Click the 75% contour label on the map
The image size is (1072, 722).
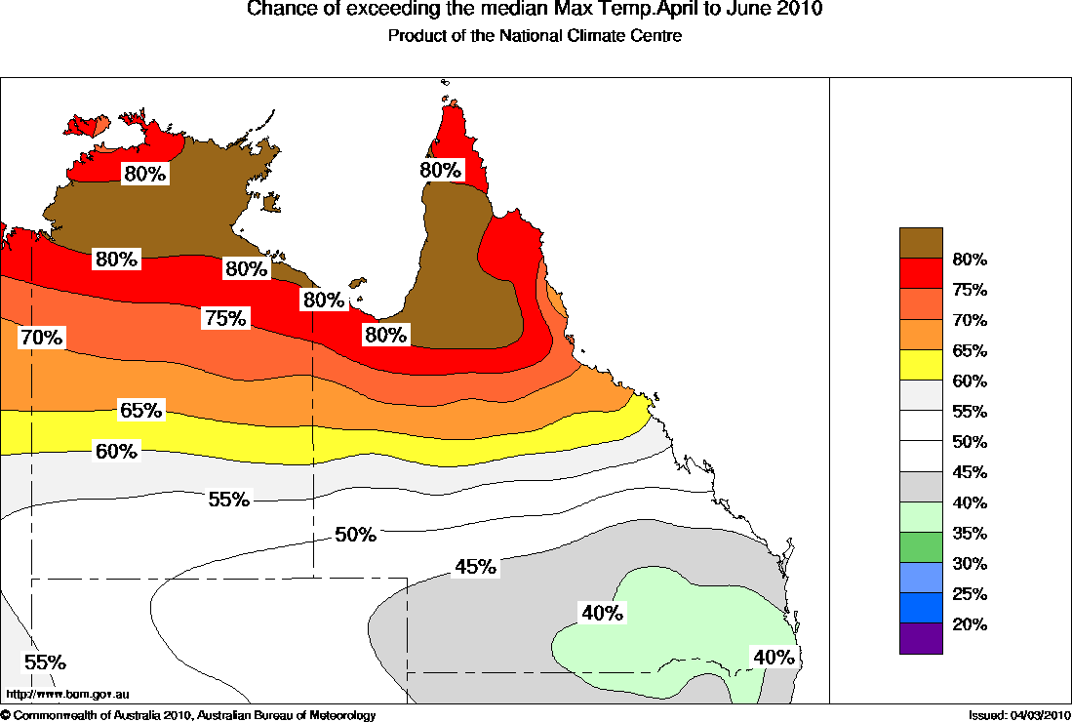pos(225,318)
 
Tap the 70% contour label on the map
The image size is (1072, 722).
pos(42,338)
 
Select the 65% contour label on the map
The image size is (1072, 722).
pos(140,410)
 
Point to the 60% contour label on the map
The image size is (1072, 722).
pos(117,451)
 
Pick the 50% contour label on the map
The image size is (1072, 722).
pos(355,535)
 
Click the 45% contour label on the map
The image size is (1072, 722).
pos(476,567)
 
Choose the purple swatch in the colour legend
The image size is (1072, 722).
pos(921,638)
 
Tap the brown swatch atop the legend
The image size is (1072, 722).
pos(921,243)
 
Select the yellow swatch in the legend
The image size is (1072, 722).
pos(921,365)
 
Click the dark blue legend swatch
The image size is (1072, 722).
pos(921,608)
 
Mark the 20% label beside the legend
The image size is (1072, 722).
pos(971,624)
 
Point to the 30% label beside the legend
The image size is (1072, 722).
pos(971,564)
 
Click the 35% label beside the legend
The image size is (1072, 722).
pos(971,534)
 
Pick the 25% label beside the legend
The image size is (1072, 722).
pos(971,594)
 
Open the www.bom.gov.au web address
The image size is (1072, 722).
pos(68,695)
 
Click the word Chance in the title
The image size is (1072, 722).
pos(277,10)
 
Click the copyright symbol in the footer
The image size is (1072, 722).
pos(6,716)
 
